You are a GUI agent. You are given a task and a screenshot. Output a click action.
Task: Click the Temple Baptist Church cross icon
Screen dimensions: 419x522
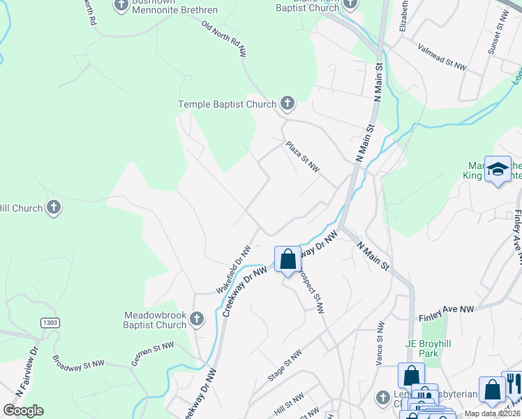[287, 105]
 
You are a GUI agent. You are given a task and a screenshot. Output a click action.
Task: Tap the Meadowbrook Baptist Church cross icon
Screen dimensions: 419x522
[197, 319]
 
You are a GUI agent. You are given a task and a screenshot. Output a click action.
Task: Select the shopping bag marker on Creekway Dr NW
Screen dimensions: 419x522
[288, 259]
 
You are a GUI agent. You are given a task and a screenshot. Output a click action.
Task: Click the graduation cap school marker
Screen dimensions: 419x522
[498, 169]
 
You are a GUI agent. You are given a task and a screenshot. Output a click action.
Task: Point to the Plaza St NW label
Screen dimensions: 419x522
[302, 157]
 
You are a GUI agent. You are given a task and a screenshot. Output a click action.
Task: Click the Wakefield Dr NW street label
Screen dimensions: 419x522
[232, 269]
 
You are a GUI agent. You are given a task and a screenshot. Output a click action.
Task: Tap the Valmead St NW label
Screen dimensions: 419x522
[442, 57]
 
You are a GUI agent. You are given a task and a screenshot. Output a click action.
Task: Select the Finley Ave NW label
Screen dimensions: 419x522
[447, 309]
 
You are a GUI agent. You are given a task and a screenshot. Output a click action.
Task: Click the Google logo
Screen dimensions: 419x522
[23, 411]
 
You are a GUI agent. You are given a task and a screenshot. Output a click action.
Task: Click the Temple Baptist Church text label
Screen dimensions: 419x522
[228, 105]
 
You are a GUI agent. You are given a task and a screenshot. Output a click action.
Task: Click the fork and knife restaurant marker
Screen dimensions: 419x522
[512, 382]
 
